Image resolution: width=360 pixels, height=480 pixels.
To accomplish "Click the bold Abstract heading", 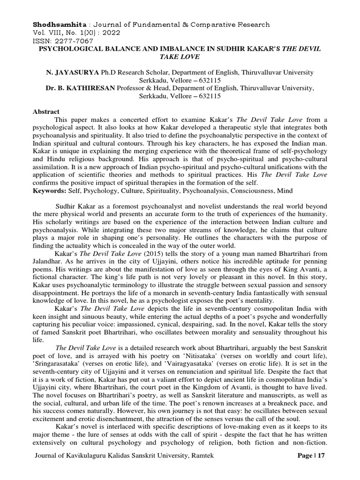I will (46, 112).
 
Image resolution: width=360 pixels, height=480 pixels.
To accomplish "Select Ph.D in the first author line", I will (106, 73).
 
